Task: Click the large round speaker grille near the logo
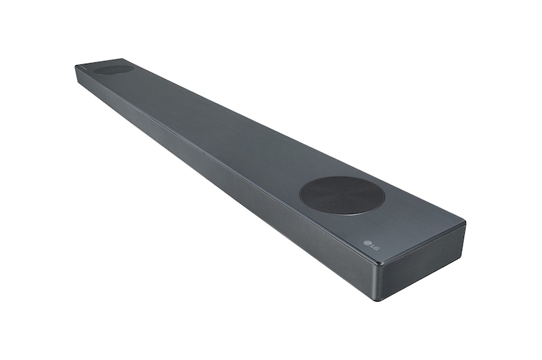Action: click(341, 195)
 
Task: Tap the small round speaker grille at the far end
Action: click(113, 68)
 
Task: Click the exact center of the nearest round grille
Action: click(341, 195)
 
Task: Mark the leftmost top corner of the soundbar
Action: click(75, 66)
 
